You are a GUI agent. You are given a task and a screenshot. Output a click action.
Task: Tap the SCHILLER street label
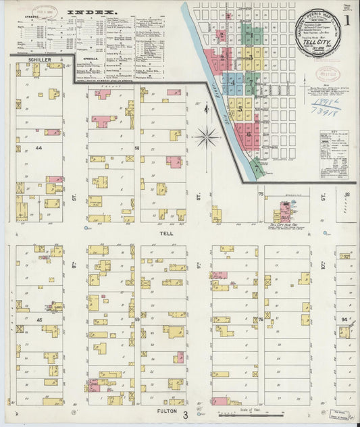pos(41,60)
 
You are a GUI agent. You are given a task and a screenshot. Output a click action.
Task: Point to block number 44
pos(38,147)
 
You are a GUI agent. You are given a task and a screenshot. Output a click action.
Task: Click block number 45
pos(38,319)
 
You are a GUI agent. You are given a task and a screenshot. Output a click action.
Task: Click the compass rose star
pos(207,137)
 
